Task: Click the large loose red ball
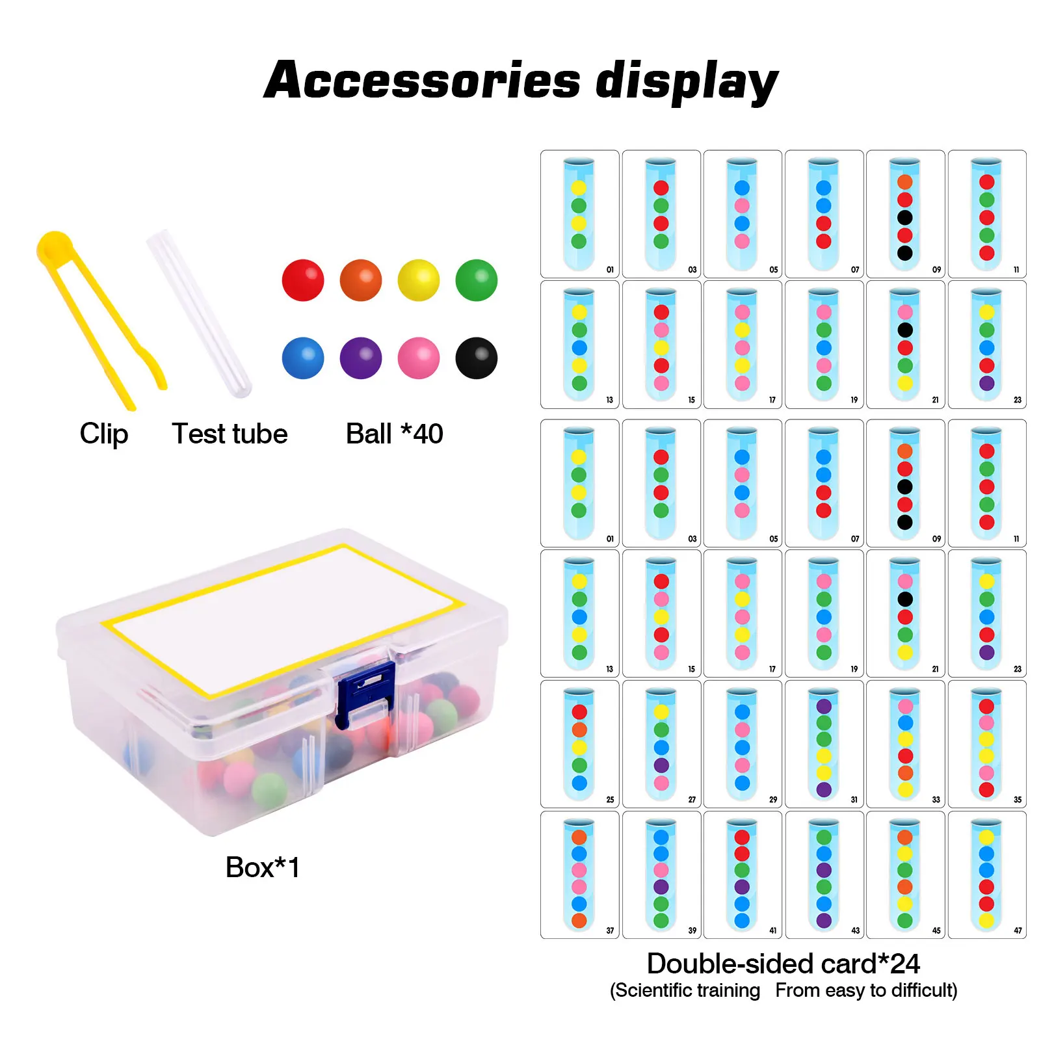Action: point(303,280)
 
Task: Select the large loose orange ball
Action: point(361,280)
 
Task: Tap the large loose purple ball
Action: point(361,358)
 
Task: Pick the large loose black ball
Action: point(477,358)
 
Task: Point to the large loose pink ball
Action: point(419,358)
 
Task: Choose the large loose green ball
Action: point(477,280)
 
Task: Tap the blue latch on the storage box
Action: point(365,693)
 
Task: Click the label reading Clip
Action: point(104,434)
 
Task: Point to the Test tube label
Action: point(230,434)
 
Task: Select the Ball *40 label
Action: point(395,434)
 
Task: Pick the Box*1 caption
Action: point(263,867)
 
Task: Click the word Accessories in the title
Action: point(423,81)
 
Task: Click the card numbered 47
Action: point(987,875)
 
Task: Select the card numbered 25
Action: point(580,744)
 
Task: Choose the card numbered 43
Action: point(824,875)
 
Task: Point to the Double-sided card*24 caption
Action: point(784,964)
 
